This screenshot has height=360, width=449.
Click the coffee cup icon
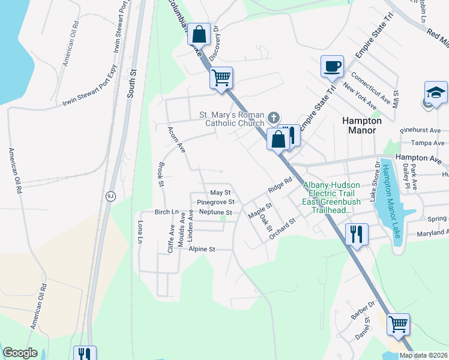pyautogui.click(x=331, y=66)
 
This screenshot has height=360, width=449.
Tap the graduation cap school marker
pyautogui.click(x=435, y=92)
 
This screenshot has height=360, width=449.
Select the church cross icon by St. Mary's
pyautogui.click(x=274, y=117)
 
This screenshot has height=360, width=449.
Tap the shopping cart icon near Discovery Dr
pyautogui.click(x=221, y=77)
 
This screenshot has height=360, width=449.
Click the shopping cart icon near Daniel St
pyautogui.click(x=398, y=324)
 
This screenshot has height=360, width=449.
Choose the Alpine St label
pyautogui.click(x=202, y=248)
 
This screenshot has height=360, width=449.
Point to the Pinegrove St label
pyautogui.click(x=214, y=203)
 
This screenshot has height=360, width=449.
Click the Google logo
pyautogui.click(x=20, y=353)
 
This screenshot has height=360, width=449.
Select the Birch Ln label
pyautogui.click(x=167, y=212)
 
